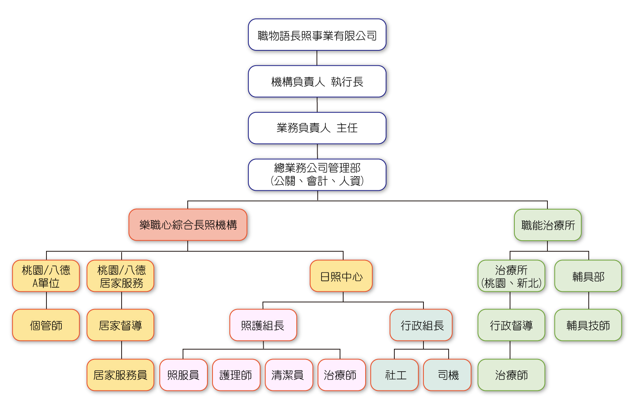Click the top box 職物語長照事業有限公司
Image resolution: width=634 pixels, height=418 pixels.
point(317,35)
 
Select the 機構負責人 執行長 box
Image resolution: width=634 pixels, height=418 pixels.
point(317,81)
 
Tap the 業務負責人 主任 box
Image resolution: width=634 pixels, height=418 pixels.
point(317,128)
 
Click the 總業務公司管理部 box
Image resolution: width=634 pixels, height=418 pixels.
point(317,175)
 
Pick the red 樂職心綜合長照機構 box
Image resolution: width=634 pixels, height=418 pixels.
point(188,225)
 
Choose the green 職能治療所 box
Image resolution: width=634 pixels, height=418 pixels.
point(547,225)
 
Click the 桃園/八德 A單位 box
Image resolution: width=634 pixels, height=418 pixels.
point(46,276)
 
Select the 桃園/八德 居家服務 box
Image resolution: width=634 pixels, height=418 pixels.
point(120,276)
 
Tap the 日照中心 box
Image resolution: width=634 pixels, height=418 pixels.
point(341,276)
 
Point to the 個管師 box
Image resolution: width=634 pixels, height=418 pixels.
point(46,325)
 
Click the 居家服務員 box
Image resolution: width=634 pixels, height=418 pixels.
point(120,375)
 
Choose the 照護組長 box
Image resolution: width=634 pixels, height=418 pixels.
point(263,325)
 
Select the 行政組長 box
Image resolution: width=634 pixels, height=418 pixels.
point(421,325)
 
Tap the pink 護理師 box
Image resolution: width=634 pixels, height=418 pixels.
point(236,375)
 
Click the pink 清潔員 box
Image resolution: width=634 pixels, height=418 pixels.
point(288,375)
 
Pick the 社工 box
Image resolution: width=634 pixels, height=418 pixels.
point(394,375)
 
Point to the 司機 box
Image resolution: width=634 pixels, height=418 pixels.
point(447,375)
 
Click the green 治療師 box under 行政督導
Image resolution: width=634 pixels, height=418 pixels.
point(511,375)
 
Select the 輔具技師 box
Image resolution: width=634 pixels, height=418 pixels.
point(588,325)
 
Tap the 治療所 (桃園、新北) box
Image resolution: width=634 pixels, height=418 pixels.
point(511,276)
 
